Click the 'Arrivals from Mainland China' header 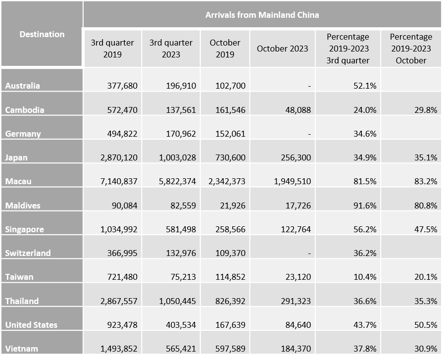(262, 14)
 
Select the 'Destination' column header (42, 34)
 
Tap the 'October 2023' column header (282, 49)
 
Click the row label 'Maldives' (23, 205)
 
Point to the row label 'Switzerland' (28, 253)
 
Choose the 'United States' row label (31, 325)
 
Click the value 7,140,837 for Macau (118, 181)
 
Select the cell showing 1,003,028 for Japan (177, 157)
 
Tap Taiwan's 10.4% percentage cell (365, 277)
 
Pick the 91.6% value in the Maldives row (365, 205)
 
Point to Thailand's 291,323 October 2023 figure (295, 301)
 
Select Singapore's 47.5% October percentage (426, 229)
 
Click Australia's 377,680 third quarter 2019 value (122, 86)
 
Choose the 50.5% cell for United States (426, 325)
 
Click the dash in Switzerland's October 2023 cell (309, 253)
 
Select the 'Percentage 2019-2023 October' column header (411, 49)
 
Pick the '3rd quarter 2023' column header (171, 49)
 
